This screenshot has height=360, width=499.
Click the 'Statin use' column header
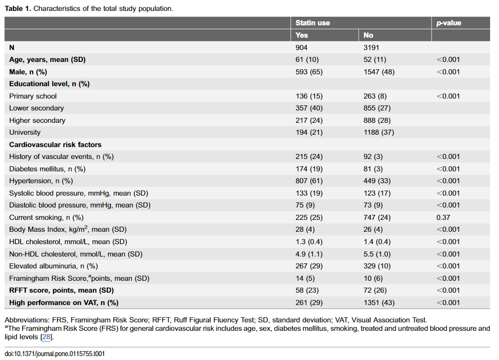coord(312,23)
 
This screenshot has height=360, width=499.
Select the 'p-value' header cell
coord(449,23)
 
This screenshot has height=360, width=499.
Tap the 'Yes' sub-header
coord(301,35)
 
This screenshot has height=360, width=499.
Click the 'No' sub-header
coord(368,35)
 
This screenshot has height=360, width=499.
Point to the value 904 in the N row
coord(301,48)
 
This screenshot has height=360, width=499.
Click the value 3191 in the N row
coord(371,48)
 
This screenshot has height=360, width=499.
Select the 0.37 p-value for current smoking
coord(444,217)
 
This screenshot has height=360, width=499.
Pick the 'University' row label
coord(25,132)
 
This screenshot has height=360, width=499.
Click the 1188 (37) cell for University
coord(379,132)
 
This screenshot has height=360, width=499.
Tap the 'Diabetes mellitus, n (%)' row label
coord(48,169)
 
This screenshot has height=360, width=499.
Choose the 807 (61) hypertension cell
coord(309,181)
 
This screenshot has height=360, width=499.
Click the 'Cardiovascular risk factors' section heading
coord(55,145)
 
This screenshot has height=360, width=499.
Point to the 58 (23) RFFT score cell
coord(307,290)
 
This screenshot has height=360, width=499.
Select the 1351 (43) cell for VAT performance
coord(379,303)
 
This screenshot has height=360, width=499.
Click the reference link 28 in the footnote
coord(47,337)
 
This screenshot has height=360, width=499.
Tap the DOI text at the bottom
coord(55,354)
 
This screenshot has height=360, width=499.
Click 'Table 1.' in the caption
coord(18,8)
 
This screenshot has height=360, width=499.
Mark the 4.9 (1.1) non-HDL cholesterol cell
coord(309,254)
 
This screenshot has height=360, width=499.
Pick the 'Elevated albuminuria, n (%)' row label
coord(53,266)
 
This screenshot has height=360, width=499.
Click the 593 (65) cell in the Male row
coord(309,72)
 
